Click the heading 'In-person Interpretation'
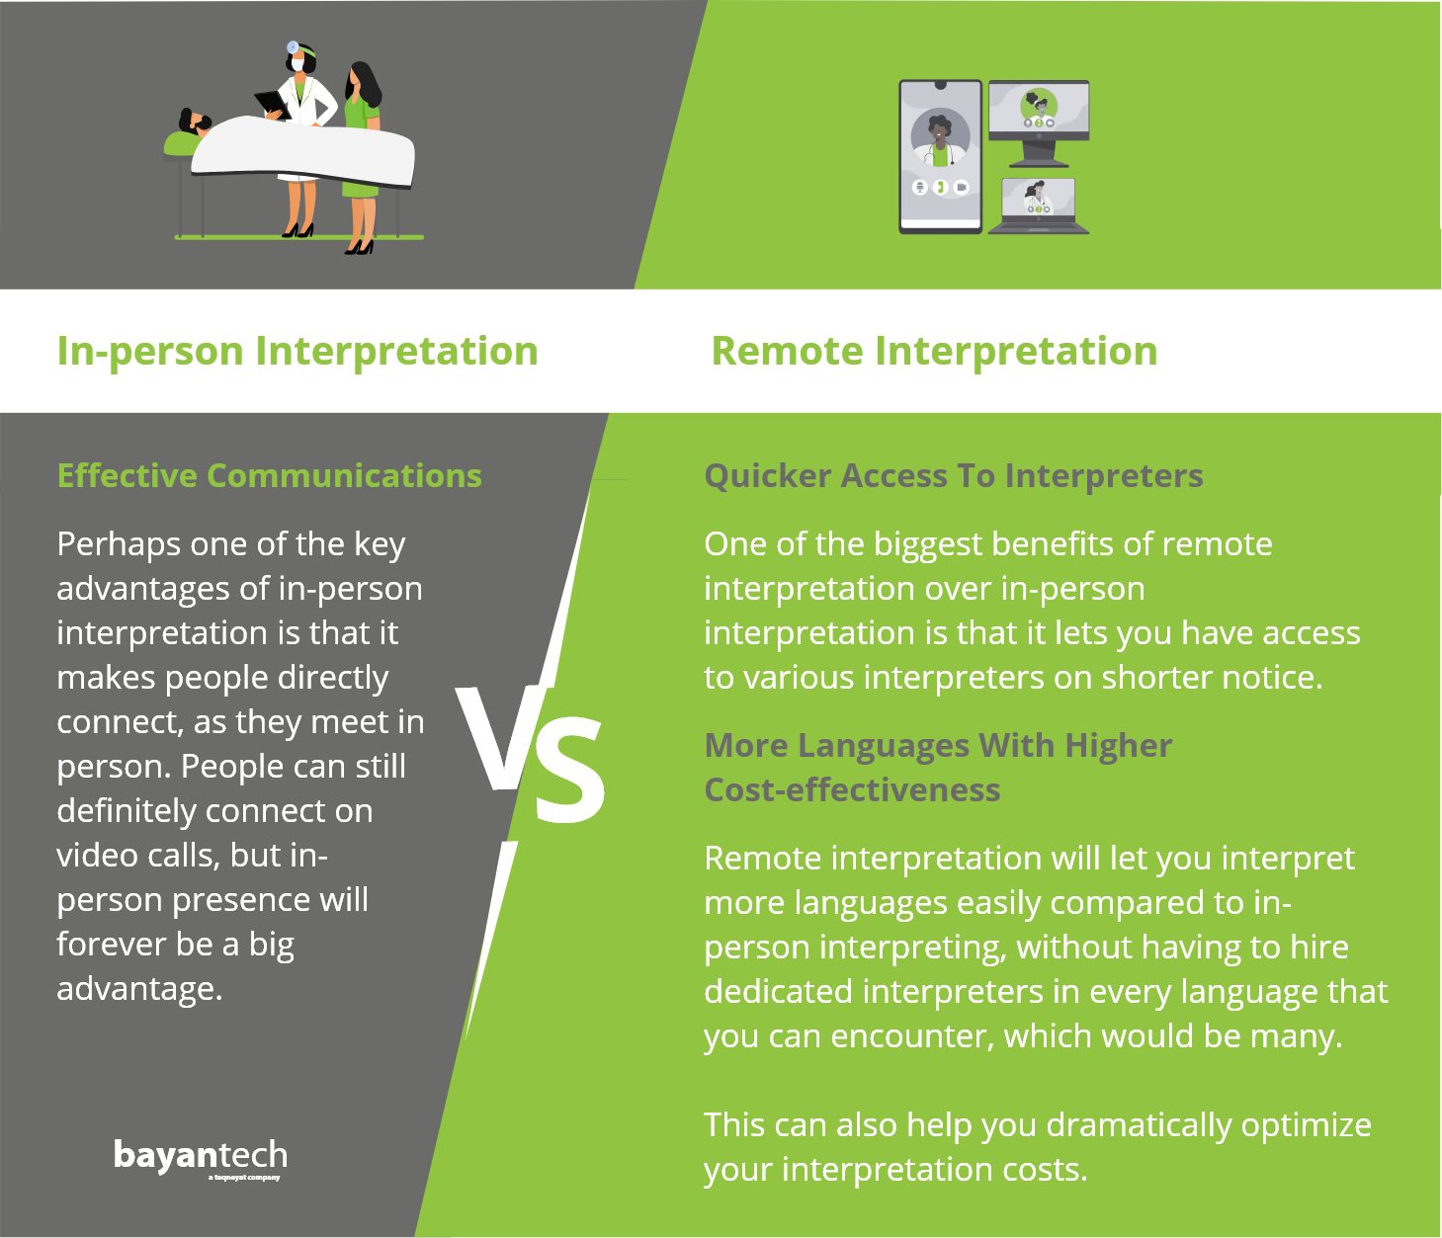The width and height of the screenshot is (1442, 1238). pos(297,351)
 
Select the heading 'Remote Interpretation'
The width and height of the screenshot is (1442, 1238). pos(934,351)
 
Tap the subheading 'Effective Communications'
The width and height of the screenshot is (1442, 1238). pos(269,475)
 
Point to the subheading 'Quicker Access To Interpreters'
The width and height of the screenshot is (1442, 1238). pos(954,476)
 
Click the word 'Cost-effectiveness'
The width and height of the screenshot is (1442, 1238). pos(853,789)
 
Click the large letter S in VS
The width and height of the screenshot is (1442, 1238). pos(569,769)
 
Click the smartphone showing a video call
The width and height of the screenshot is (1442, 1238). pos(940,157)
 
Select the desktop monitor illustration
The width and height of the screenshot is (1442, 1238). pos(1039,123)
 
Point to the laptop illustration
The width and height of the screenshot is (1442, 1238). pos(1038,206)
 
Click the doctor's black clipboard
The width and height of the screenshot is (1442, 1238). pos(273,105)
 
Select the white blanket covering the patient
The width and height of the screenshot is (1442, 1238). pos(302,152)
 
